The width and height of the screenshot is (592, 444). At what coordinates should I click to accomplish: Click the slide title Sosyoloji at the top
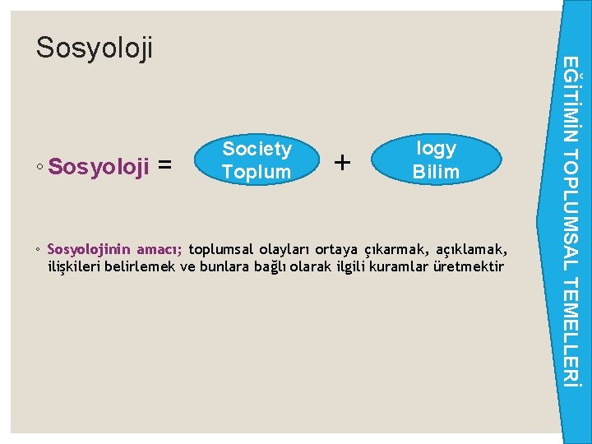[95, 49]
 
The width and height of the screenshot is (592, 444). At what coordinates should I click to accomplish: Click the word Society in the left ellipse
[257, 149]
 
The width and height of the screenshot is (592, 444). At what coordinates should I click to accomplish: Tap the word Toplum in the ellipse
[257, 172]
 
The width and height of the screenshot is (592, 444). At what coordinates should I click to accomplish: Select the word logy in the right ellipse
[436, 148]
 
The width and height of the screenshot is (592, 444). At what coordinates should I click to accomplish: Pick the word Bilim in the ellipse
[436, 172]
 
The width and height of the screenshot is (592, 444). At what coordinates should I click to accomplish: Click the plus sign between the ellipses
[342, 163]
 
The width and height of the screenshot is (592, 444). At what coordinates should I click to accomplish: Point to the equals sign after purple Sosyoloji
[164, 167]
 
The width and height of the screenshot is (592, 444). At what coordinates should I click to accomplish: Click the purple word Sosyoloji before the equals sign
[99, 167]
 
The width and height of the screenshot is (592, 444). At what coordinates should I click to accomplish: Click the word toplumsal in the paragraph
[222, 250]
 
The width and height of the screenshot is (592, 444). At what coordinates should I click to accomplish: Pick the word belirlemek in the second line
[142, 266]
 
